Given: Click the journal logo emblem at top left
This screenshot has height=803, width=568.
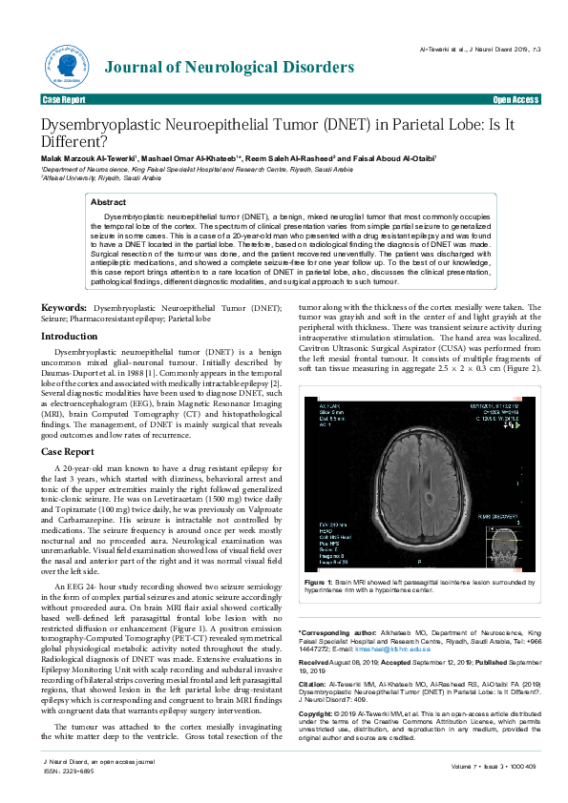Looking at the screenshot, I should coord(62,66).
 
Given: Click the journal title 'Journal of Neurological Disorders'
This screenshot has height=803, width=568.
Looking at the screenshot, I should coord(228,67).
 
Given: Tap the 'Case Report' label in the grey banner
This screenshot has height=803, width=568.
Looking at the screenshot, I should coord(64,99).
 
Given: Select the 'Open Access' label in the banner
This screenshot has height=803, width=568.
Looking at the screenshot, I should coord(515,99).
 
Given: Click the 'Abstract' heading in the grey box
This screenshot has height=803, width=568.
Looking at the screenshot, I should coord(108,202).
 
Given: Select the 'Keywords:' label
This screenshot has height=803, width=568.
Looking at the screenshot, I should coord(64,282).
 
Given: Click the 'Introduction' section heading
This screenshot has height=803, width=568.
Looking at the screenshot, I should coord(69,310).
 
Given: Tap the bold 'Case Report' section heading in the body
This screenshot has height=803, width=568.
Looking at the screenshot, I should coord(67,451).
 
